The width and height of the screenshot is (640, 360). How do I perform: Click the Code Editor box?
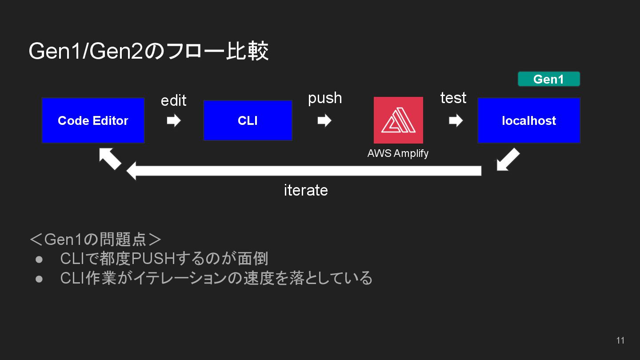93,120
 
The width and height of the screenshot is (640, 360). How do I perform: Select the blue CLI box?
248,120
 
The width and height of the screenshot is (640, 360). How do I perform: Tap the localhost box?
529,120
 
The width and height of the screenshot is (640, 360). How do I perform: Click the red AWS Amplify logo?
398,120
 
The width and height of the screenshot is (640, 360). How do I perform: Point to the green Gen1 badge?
549,79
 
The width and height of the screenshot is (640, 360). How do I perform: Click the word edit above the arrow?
173,100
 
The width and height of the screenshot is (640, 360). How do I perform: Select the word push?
325,98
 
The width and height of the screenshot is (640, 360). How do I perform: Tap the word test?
453,98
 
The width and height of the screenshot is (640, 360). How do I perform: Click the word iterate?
306,190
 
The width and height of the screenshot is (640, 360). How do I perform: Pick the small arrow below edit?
173,120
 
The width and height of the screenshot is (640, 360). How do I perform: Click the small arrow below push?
324,120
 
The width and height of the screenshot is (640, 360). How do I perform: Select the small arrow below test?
456,120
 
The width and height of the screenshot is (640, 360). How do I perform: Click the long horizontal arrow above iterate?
304,171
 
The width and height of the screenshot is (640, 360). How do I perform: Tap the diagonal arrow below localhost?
508,160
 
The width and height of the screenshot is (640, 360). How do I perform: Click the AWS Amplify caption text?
398,153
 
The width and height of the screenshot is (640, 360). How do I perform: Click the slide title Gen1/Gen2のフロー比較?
148,52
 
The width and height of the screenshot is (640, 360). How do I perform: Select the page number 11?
620,340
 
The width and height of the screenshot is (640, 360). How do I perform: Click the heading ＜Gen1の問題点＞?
95,240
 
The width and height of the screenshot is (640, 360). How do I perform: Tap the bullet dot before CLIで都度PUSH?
39,259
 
